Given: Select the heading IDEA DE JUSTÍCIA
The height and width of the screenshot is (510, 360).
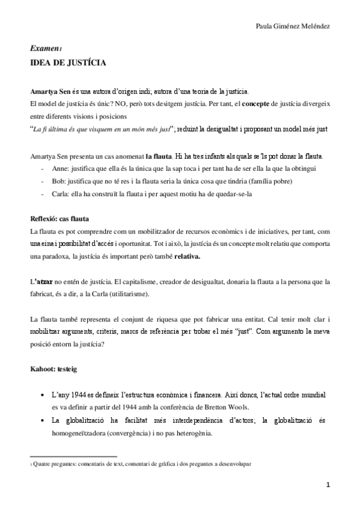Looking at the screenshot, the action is [69, 62].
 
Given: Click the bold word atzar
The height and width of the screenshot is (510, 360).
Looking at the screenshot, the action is [44, 281].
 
